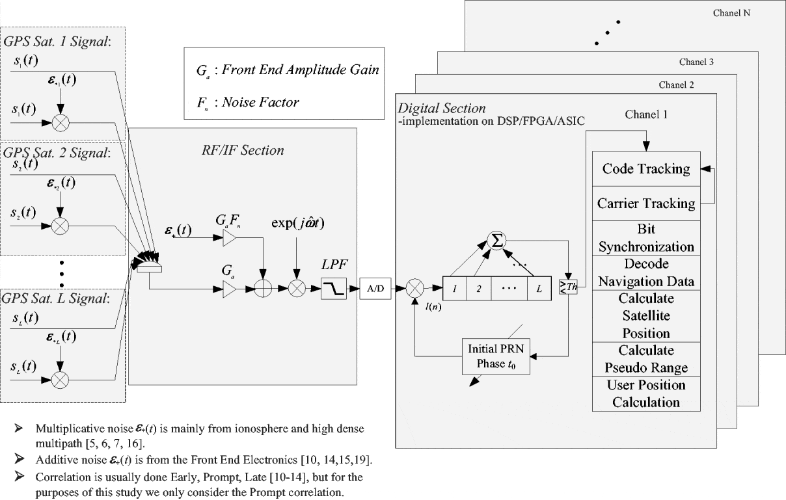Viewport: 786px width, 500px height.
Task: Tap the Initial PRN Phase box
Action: coord(495,356)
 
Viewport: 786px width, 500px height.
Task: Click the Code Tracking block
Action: coord(645,169)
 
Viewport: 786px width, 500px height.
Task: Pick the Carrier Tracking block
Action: coord(645,204)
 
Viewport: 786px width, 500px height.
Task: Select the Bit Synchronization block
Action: coord(645,238)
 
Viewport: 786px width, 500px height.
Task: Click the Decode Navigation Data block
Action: coord(645,272)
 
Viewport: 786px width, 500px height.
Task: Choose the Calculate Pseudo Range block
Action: coord(645,359)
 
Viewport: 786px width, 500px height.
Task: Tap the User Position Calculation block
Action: coord(645,393)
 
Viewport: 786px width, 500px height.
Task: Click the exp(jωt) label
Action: coord(298,224)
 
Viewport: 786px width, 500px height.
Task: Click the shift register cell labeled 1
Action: coord(454,287)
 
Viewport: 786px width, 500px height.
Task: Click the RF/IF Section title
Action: coord(242,150)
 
